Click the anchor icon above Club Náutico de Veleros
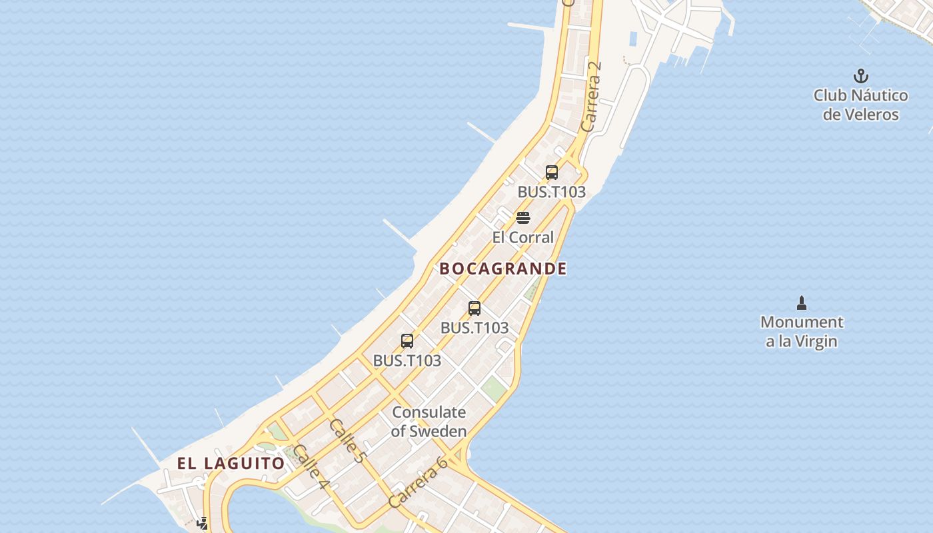pyautogui.click(x=861, y=75)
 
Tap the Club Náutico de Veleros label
pyautogui.click(x=860, y=105)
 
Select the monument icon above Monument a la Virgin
pyautogui.click(x=802, y=303)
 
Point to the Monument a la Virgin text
pyautogui.click(x=802, y=332)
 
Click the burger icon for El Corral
pyautogui.click(x=523, y=218)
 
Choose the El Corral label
pyautogui.click(x=523, y=237)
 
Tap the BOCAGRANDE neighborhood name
pyautogui.click(x=503, y=269)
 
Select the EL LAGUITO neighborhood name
pyautogui.click(x=231, y=463)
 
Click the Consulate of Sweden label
pyautogui.click(x=429, y=422)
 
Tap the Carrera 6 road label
pyautogui.click(x=418, y=483)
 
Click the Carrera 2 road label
pyautogui.click(x=591, y=97)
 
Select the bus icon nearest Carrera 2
pyautogui.click(x=552, y=173)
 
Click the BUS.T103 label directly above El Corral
pyautogui.click(x=552, y=192)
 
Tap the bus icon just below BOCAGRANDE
pyautogui.click(x=474, y=308)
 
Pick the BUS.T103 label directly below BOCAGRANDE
pyautogui.click(x=474, y=328)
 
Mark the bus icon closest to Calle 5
pyautogui.click(x=407, y=341)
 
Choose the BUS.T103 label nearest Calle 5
pyautogui.click(x=407, y=360)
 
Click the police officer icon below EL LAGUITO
pyautogui.click(x=203, y=524)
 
